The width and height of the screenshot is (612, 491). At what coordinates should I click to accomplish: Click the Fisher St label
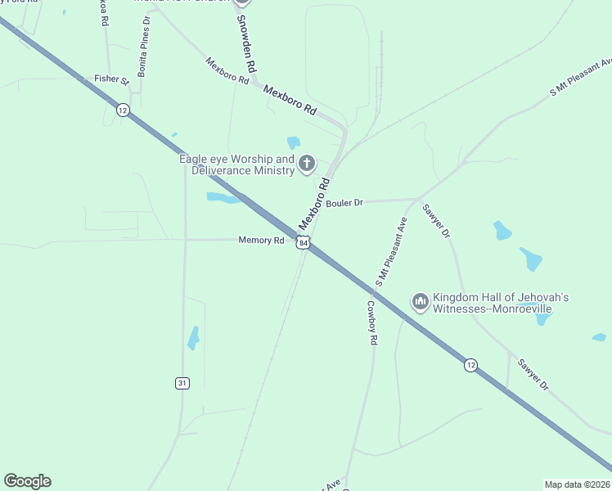coord(111,79)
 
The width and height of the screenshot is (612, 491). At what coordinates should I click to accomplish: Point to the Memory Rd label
coord(261,240)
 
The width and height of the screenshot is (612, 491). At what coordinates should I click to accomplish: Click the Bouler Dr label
coord(344,203)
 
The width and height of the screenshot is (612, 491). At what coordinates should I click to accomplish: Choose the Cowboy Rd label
coord(371,322)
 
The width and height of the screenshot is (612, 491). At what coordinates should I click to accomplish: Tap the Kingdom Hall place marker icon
coord(421,303)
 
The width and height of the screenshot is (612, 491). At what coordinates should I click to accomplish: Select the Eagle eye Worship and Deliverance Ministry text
coord(237,164)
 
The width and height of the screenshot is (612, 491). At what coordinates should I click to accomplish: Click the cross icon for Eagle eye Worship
coord(307,164)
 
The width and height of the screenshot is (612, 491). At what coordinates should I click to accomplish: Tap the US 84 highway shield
coord(304,243)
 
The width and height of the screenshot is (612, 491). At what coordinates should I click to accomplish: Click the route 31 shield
coord(182,383)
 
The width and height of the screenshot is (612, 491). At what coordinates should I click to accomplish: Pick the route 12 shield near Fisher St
coord(123,110)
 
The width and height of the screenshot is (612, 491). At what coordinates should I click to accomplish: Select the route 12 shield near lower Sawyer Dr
coord(470,364)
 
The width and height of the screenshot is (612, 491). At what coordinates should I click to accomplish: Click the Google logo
coord(28,481)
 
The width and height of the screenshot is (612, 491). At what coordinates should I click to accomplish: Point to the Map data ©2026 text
coord(577,484)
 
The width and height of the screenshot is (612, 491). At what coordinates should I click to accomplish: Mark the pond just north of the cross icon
coord(294,142)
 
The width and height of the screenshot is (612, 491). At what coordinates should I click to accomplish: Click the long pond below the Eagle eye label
coord(223,197)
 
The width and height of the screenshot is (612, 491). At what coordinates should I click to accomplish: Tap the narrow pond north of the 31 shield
coord(193,337)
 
